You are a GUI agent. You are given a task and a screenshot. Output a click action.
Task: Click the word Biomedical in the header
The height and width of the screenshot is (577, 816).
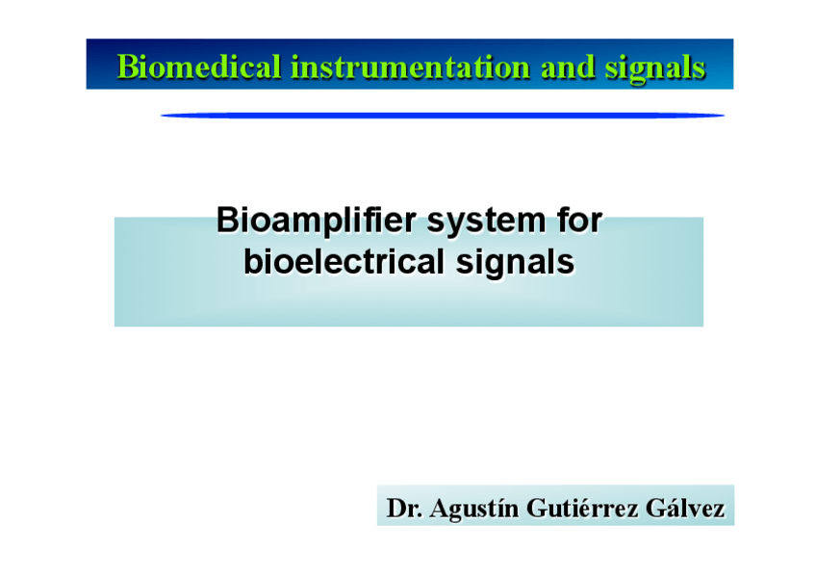click(x=199, y=67)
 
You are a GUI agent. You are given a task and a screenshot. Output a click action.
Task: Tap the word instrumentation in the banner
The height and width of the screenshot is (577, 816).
click(x=410, y=67)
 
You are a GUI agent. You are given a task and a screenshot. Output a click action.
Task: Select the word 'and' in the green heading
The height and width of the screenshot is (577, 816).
click(x=568, y=67)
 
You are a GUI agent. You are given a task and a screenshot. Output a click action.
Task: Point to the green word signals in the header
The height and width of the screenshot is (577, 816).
click(x=655, y=68)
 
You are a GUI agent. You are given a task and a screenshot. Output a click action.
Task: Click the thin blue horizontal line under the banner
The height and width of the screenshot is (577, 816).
click(x=443, y=115)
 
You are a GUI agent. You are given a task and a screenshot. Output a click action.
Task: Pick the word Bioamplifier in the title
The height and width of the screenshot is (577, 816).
click(x=316, y=222)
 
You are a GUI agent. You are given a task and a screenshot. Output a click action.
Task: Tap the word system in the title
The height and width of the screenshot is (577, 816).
click(x=486, y=223)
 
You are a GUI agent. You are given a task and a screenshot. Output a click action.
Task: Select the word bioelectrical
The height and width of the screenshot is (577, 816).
click(x=344, y=261)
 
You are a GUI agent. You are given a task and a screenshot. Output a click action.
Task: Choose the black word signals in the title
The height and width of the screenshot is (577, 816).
click(x=515, y=263)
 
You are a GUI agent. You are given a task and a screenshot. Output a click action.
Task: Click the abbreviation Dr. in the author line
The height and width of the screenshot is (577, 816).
click(x=404, y=508)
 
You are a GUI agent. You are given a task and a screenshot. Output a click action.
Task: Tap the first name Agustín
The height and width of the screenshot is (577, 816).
click(x=474, y=509)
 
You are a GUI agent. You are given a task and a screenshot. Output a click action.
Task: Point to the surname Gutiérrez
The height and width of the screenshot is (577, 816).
click(x=582, y=508)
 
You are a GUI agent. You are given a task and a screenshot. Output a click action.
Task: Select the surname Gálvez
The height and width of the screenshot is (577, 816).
click(x=685, y=508)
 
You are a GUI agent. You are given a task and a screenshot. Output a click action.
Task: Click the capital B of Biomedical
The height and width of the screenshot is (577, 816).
click(x=127, y=67)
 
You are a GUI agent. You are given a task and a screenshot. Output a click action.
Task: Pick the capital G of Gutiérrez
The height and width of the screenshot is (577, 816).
click(x=536, y=509)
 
